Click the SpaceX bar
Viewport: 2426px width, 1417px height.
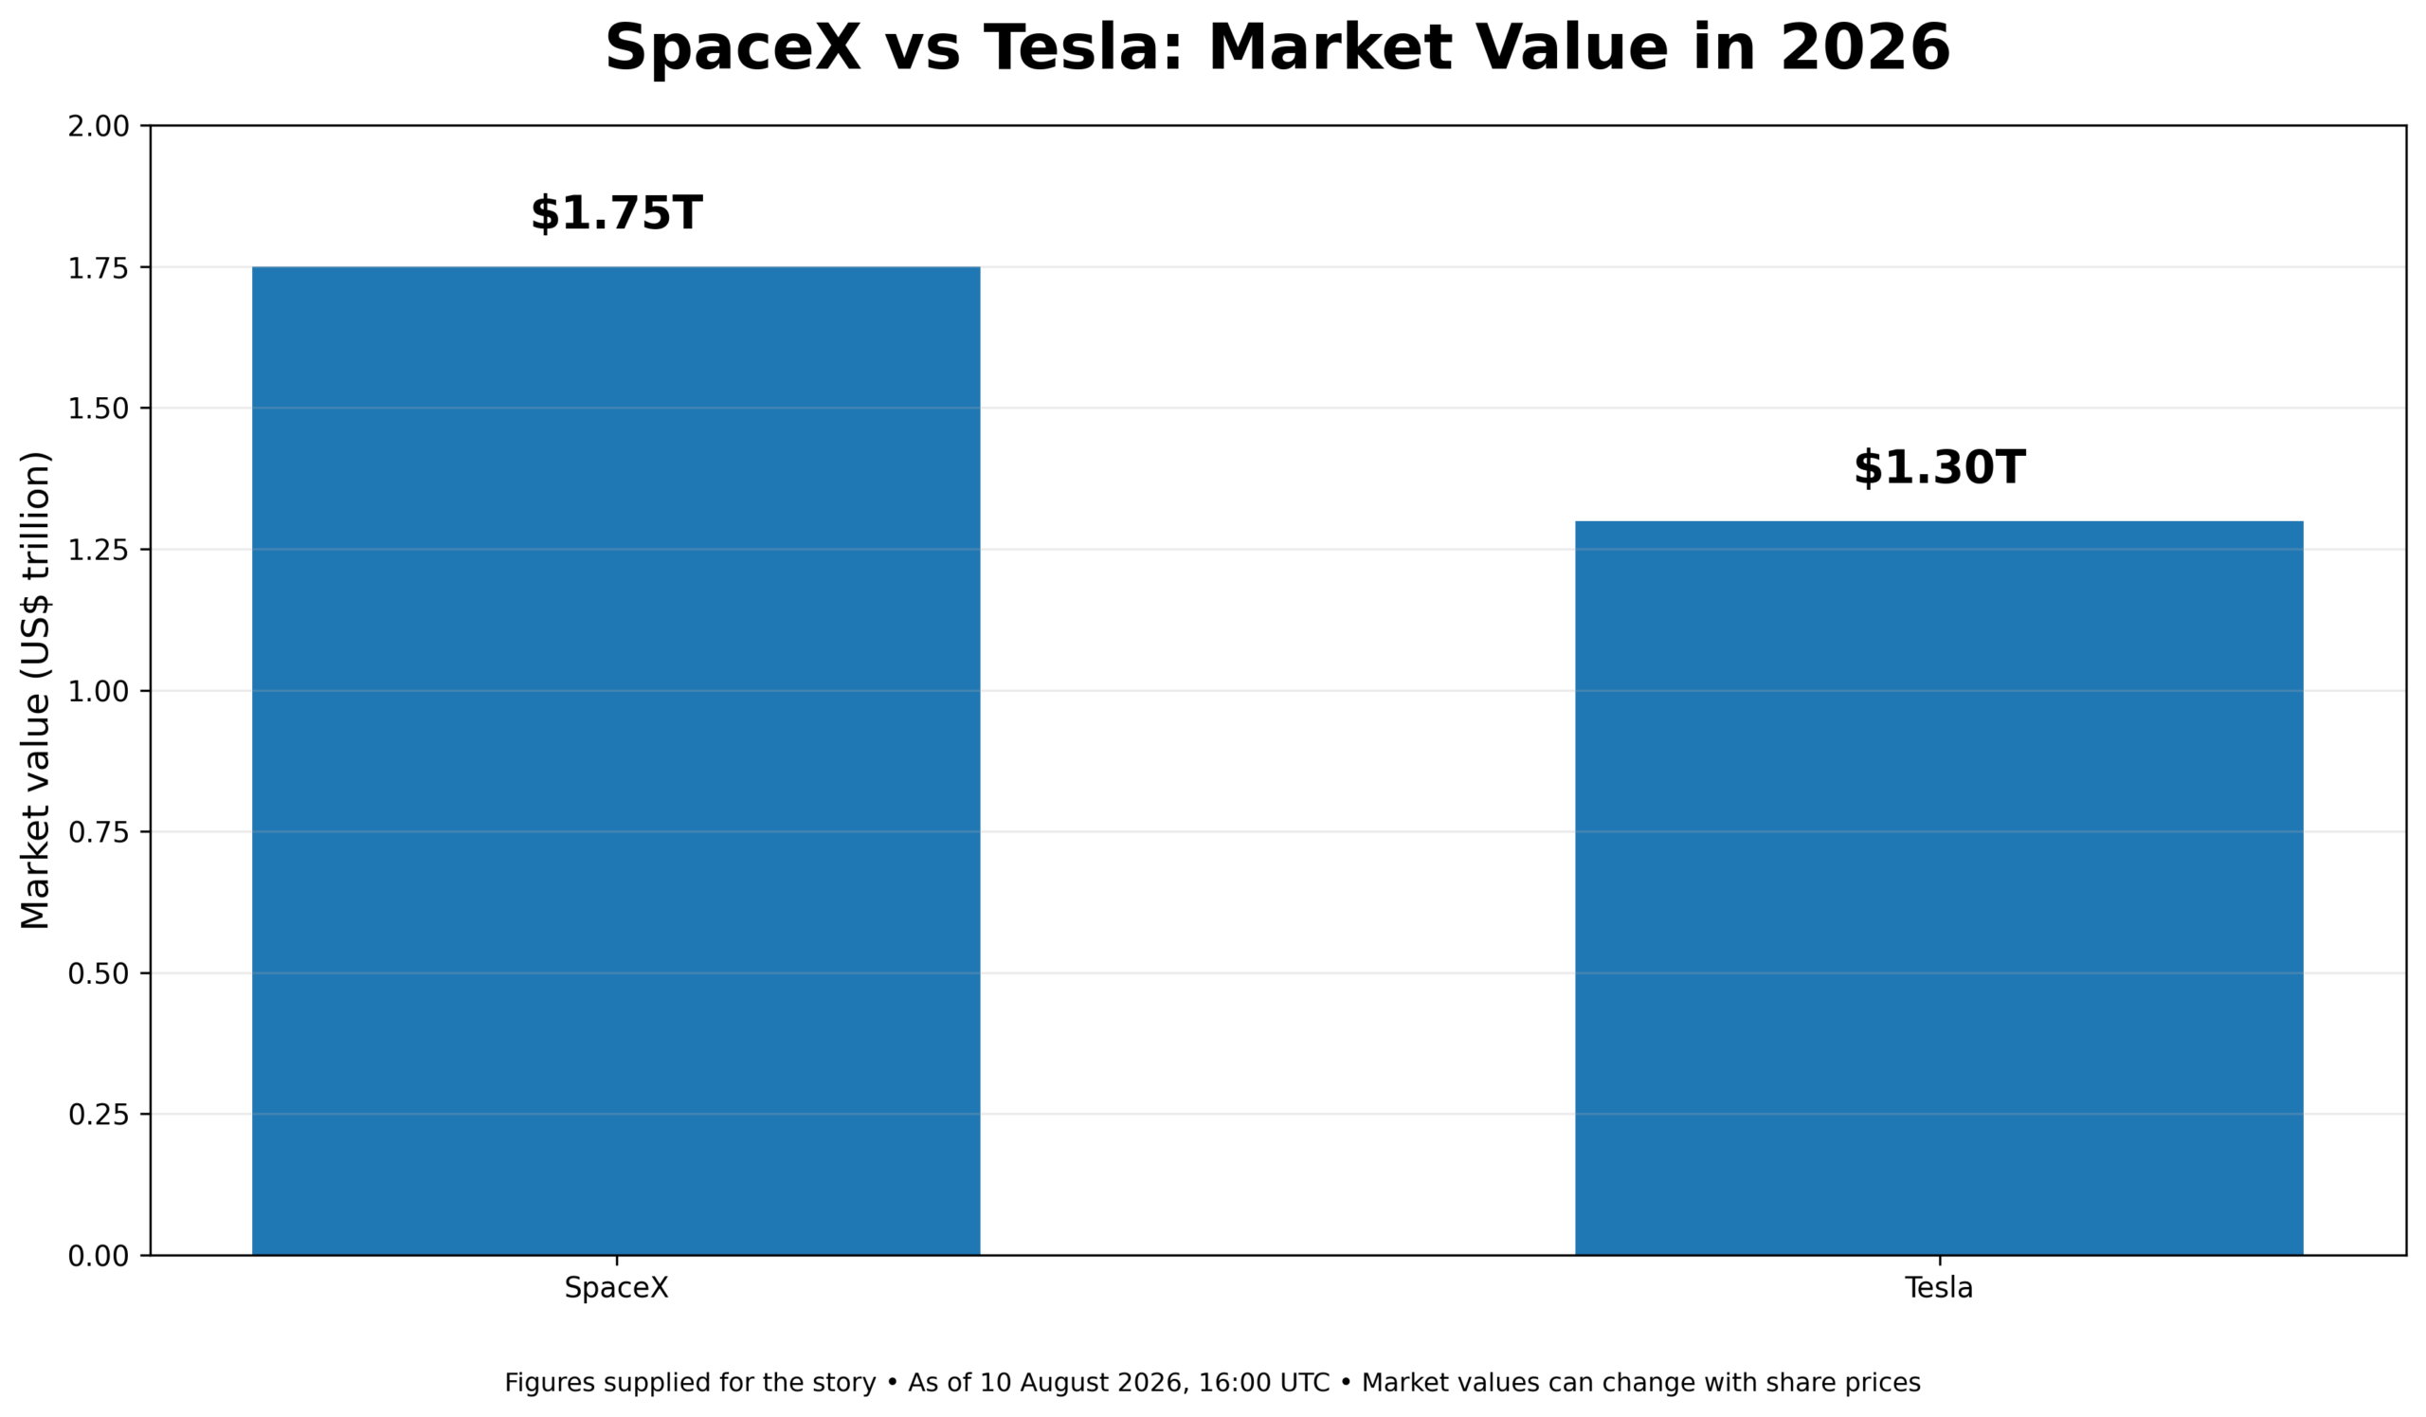pyautogui.click(x=616, y=760)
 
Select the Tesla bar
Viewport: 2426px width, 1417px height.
pyautogui.click(x=1939, y=887)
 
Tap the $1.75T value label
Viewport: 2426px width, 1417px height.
pyautogui.click(x=616, y=212)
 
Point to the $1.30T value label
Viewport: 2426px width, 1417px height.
pyautogui.click(x=1939, y=468)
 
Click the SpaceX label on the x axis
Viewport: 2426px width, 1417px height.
pyautogui.click(x=616, y=1288)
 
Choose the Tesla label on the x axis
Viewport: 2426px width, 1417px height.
pyautogui.click(x=1939, y=1288)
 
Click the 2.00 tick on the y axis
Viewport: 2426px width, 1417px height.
pyautogui.click(x=99, y=126)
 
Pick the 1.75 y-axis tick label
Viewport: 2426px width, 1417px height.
pyautogui.click(x=99, y=267)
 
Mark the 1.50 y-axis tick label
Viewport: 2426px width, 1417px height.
pyautogui.click(x=99, y=409)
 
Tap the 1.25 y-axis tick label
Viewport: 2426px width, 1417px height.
pyautogui.click(x=99, y=550)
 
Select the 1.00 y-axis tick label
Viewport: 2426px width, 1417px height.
pyautogui.click(x=99, y=691)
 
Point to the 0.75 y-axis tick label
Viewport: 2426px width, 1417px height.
pyautogui.click(x=99, y=832)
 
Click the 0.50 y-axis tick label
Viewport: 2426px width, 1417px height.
pyautogui.click(x=99, y=973)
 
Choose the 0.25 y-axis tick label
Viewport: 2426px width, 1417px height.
pyautogui.click(x=99, y=1115)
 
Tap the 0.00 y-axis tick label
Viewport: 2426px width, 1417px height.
pyautogui.click(x=99, y=1256)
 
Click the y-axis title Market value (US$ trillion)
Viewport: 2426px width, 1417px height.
pyautogui.click(x=35, y=690)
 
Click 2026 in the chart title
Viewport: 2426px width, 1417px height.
pyautogui.click(x=1865, y=48)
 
